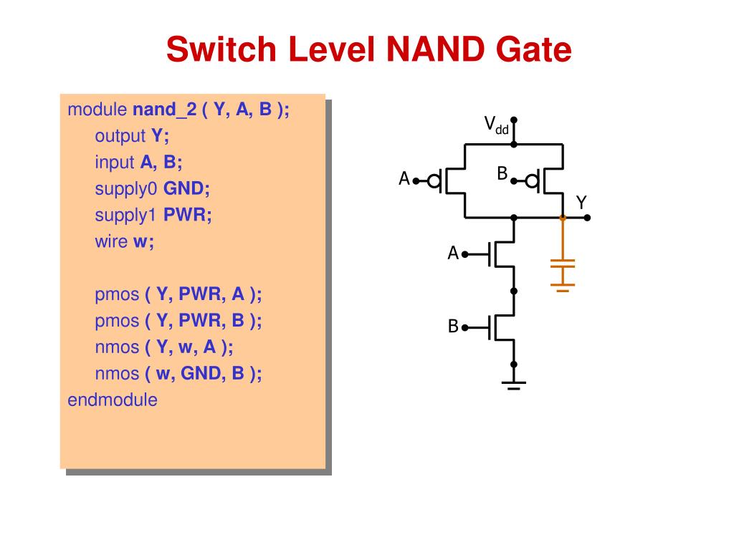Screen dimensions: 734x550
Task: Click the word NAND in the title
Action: click(x=435, y=49)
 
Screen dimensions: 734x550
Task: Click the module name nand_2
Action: click(x=164, y=110)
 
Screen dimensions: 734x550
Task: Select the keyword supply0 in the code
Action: click(x=126, y=189)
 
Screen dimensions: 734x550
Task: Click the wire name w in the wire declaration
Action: click(x=140, y=242)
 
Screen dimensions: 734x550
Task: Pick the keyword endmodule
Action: click(x=113, y=400)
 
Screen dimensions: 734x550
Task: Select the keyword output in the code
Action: click(x=120, y=137)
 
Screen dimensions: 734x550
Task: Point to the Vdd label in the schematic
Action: click(x=496, y=125)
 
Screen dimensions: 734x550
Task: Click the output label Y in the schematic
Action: click(x=581, y=203)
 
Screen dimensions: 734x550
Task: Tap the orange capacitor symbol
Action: click(x=563, y=273)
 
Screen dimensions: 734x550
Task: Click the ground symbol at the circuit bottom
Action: click(x=513, y=385)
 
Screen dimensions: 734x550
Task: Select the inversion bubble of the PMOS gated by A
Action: click(x=434, y=180)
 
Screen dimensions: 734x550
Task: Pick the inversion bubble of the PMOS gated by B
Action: click(x=532, y=180)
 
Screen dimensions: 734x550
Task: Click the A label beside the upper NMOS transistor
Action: click(x=453, y=253)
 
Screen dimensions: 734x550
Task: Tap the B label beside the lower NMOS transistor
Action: click(x=453, y=326)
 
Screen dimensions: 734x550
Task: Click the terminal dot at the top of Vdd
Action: click(x=513, y=120)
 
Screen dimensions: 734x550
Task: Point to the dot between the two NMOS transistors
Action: click(x=513, y=291)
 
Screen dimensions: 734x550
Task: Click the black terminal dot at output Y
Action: click(x=587, y=218)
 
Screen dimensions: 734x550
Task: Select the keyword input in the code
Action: click(x=114, y=163)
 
